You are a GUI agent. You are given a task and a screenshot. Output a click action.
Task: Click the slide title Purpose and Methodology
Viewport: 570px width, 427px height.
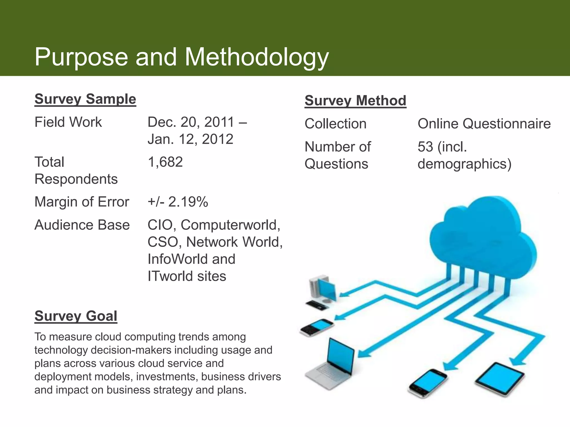[x=181, y=57]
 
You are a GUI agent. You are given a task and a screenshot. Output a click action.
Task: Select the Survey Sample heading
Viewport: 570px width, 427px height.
[x=85, y=99]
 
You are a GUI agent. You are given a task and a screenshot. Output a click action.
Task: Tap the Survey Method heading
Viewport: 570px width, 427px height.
[x=355, y=101]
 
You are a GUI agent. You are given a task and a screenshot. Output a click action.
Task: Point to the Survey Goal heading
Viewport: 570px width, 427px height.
[x=76, y=316]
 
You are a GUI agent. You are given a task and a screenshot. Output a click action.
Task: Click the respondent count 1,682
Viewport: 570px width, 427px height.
[x=165, y=162]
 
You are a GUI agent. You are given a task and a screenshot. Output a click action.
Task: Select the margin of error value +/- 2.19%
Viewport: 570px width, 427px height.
[x=178, y=202]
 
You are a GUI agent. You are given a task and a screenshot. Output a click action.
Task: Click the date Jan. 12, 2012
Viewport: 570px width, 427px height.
[x=190, y=139]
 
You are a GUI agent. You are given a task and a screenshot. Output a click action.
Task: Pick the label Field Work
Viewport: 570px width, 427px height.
[x=68, y=122]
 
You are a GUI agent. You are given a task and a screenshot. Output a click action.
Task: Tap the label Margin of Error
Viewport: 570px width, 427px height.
[x=82, y=202]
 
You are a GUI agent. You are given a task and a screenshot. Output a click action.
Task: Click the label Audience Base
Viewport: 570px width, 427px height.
[x=82, y=225]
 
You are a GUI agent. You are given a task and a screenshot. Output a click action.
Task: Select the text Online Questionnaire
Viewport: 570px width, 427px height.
[x=484, y=124]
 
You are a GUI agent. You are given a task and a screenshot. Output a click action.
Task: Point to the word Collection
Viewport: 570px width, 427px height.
[x=335, y=124]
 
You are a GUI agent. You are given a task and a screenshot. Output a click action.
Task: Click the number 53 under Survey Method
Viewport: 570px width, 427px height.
[x=425, y=147]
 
